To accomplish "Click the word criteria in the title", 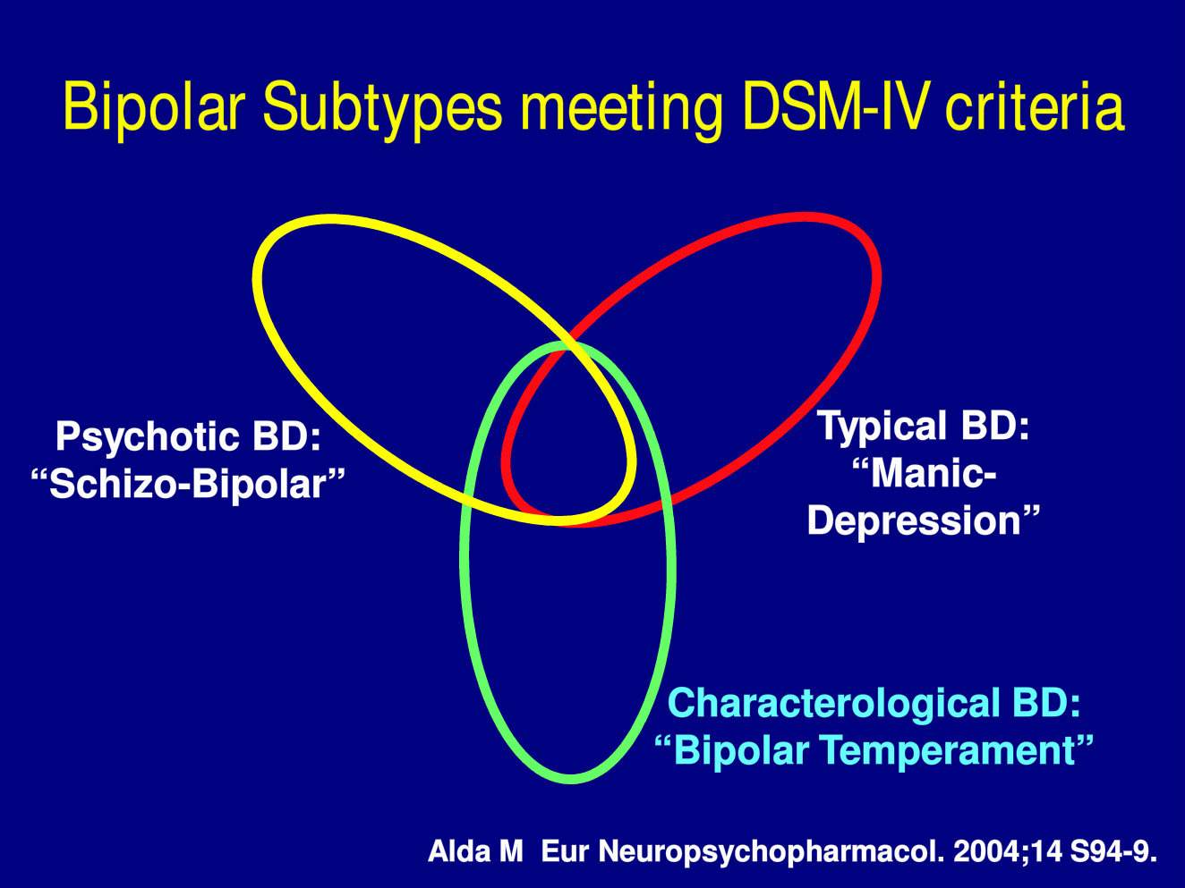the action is pos(1035,106).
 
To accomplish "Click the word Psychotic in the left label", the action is pos(148,436).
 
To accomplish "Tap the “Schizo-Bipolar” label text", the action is pos(187,484).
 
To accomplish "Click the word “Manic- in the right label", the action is pos(924,473).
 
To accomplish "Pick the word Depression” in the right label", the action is pos(923,520).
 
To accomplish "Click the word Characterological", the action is pos(834,703).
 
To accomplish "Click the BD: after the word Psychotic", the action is pos(286,436).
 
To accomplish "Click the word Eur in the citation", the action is pos(564,852).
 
